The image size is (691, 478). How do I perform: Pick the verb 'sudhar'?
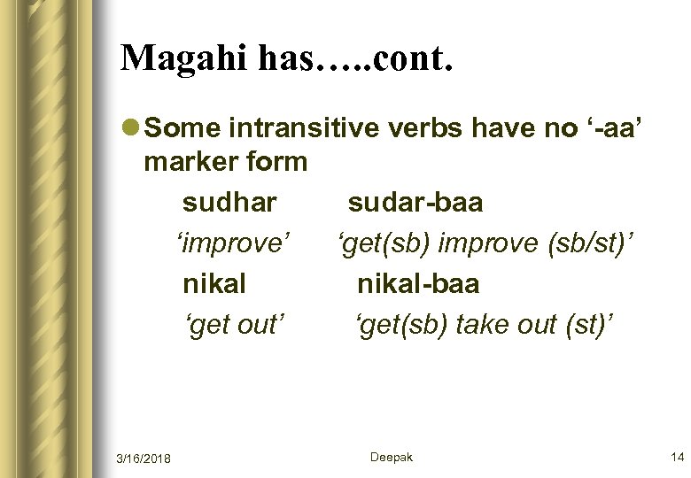tap(229, 203)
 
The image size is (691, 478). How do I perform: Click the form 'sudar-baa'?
tap(415, 203)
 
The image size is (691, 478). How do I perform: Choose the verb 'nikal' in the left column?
tap(214, 283)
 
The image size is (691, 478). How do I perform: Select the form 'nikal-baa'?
tap(417, 283)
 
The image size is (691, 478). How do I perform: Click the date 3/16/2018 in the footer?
tap(144, 458)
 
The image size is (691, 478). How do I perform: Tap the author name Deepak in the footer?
tap(392, 457)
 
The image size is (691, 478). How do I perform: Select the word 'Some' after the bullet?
tap(180, 129)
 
